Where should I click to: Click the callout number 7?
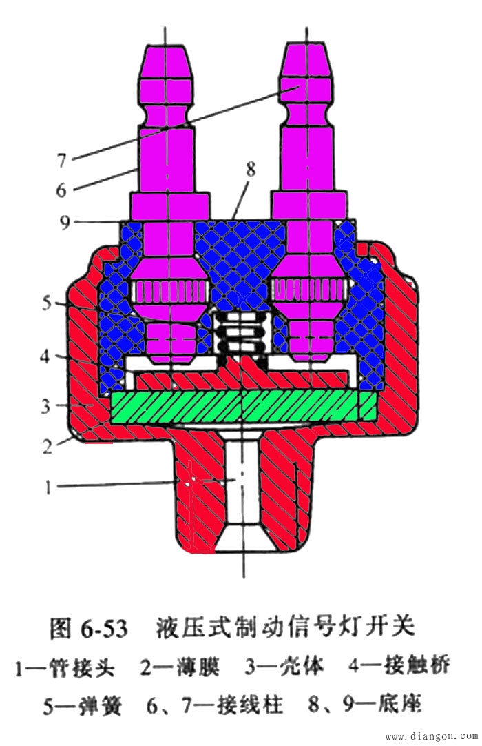62,161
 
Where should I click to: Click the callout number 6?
62,190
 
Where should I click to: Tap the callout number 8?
251,169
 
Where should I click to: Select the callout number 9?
65,222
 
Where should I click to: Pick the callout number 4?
45,356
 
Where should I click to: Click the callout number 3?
45,406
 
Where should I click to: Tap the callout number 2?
47,446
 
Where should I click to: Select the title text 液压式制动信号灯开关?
286,628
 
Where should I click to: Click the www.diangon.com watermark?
432,737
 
